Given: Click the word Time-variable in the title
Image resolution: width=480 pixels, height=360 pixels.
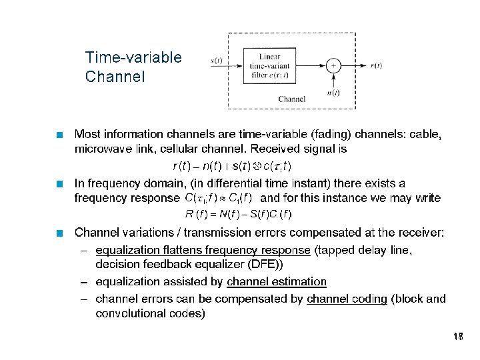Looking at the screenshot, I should [133, 57].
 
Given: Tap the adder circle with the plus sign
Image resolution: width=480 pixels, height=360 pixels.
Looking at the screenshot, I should [333, 65].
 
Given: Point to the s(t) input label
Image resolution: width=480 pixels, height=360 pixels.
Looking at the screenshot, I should [217, 62].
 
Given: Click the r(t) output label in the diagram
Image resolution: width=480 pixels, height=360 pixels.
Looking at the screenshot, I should [376, 65].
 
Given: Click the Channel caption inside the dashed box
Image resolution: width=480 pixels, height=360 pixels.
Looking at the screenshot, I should [291, 99].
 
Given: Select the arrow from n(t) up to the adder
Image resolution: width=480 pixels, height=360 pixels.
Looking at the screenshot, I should [333, 81].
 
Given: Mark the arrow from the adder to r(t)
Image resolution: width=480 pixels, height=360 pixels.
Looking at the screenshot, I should [353, 65].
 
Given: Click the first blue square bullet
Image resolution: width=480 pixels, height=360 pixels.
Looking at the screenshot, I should [61, 135].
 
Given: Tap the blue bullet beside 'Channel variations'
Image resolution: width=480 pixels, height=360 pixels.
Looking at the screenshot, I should [61, 233].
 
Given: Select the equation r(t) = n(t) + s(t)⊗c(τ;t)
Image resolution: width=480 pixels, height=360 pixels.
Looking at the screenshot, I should [231, 165].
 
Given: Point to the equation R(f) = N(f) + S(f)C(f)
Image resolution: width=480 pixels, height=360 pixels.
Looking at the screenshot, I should [238, 214].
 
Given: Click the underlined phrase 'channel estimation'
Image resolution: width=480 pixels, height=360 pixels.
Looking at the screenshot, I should [277, 282].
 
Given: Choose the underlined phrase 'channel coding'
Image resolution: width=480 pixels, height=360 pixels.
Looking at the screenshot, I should [347, 299].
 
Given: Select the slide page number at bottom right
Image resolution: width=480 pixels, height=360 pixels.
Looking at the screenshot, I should [457, 337].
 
